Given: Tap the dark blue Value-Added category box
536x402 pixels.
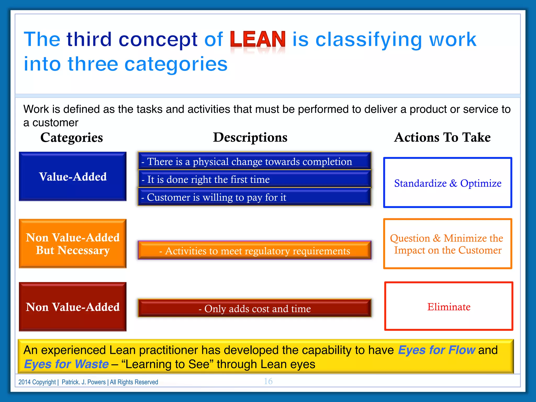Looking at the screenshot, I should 73,177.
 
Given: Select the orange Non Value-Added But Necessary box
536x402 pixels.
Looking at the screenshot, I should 73,244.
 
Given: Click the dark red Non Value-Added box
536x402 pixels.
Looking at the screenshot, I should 73,307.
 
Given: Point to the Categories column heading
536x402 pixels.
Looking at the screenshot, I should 71,138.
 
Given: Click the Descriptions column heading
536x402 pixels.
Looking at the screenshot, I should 250,138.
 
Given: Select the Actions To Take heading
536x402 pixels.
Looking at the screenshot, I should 442,138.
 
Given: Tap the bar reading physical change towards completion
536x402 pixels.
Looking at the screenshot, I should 254,161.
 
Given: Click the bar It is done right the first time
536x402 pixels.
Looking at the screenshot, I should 254,179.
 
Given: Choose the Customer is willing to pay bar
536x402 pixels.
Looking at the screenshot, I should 254,197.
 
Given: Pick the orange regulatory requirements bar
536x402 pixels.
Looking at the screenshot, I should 254,250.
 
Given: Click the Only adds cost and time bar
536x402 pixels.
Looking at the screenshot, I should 254,308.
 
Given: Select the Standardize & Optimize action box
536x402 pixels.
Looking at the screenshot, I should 448,183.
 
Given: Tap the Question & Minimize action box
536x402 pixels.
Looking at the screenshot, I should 448,244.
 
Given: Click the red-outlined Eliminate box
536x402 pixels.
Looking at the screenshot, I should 449,306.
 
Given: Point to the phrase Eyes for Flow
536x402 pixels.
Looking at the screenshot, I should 436,350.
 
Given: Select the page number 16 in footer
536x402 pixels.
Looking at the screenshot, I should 268,381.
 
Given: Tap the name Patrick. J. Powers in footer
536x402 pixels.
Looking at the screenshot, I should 83,382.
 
